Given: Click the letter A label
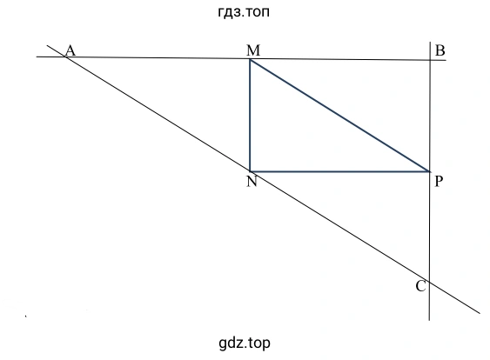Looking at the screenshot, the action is point(70,50).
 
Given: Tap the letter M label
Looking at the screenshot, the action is point(253,50).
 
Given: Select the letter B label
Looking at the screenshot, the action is point(440,50).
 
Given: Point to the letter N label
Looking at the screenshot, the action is point(252,181).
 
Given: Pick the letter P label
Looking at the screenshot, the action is point(439,181).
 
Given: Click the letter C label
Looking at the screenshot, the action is point(420,286).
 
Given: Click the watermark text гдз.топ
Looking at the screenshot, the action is point(244,12).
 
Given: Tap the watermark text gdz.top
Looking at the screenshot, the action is point(245,343).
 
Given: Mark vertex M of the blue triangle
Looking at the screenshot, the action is point(250,59).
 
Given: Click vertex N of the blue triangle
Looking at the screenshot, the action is point(250,171).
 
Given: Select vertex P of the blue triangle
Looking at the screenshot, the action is point(429,171).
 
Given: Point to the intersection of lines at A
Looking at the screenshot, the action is point(65,57).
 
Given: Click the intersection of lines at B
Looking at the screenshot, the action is point(430,60).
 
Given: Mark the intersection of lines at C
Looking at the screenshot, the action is point(430,283).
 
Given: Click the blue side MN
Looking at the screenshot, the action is point(250,116).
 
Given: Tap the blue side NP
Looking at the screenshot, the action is point(339,171).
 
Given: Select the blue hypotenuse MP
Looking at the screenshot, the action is point(339,116).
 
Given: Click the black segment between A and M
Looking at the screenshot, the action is point(158,57).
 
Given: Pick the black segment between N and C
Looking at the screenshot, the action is point(340,227).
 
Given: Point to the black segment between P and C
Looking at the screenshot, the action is point(430,227).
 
